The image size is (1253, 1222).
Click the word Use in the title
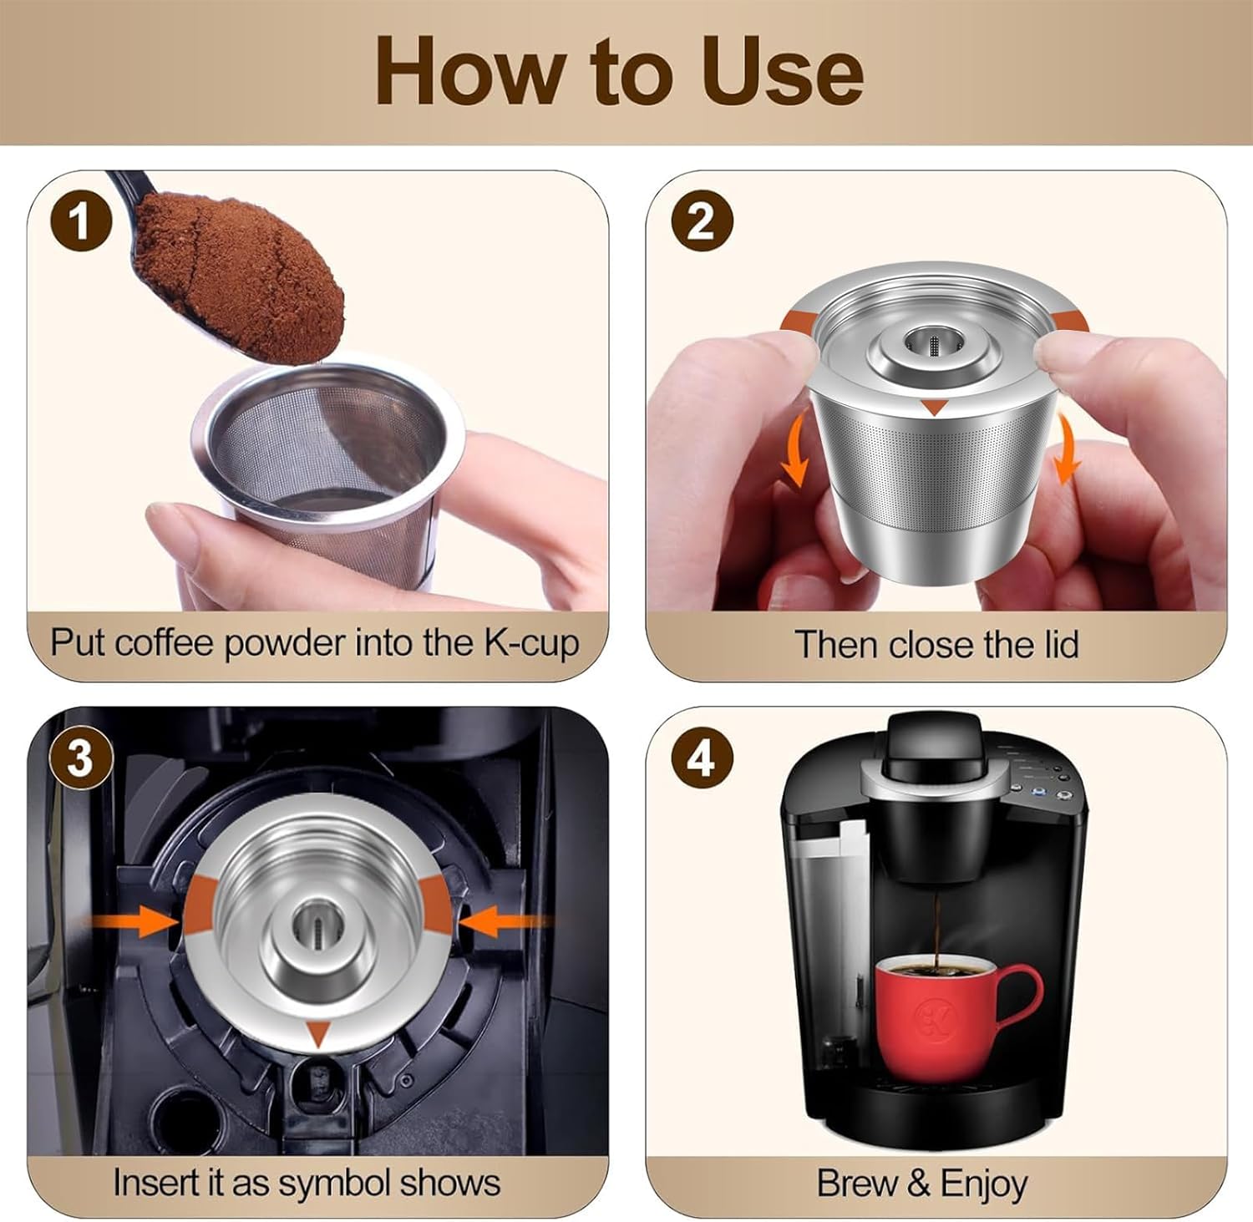783,72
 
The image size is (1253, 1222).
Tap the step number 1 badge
80,223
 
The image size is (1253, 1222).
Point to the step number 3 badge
80,759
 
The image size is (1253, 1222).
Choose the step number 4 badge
702,759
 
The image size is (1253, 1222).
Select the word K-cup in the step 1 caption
531,644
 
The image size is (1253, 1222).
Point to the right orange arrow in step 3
504,922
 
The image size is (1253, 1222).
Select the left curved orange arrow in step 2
796,451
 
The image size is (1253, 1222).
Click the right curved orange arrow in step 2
1067,451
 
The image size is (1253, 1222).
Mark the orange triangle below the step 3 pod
317,1034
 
